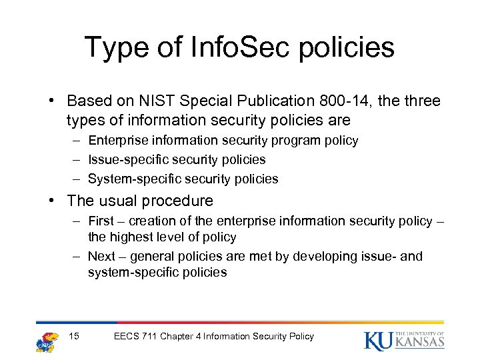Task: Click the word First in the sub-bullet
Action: click(x=101, y=221)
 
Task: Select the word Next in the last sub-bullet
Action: click(x=101, y=257)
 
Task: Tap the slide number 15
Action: click(x=73, y=336)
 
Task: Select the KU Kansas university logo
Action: click(x=404, y=340)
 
